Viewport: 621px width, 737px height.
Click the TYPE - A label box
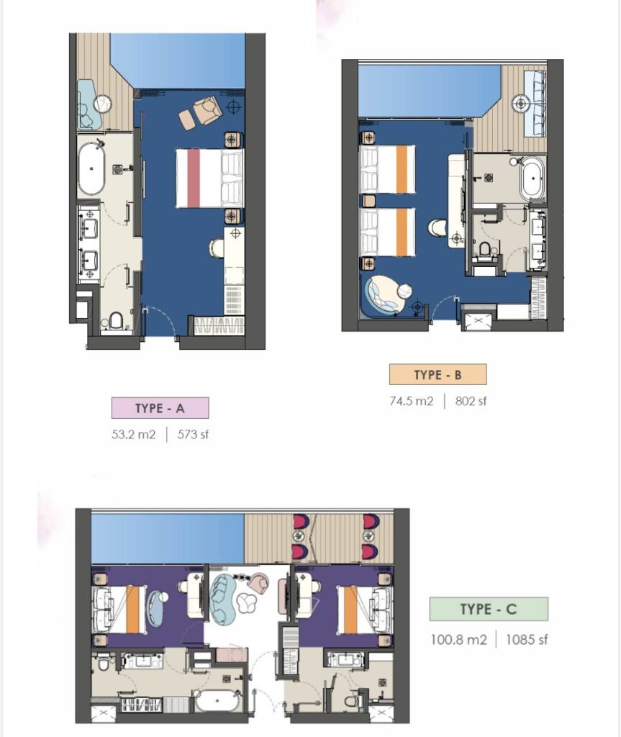pos(160,408)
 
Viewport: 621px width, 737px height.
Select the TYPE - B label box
pos(438,374)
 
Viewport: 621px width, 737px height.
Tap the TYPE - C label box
pos(489,609)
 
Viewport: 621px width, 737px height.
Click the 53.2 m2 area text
pos(134,434)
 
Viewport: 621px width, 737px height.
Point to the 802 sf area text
pos(471,402)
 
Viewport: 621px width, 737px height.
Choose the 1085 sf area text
pos(527,640)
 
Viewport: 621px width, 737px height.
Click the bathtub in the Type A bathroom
pos(91,168)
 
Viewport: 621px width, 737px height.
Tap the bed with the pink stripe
pos(209,178)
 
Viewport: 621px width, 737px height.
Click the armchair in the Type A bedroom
pos(208,110)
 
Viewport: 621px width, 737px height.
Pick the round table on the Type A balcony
pos(102,104)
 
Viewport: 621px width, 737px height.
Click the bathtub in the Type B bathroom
pos(532,179)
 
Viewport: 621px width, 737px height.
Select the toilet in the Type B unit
pos(484,248)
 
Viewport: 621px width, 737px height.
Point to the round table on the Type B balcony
pos(521,104)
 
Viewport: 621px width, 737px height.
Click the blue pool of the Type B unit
pos(423,91)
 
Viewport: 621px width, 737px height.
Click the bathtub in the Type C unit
pos(217,701)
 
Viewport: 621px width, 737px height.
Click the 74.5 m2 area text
pos(412,402)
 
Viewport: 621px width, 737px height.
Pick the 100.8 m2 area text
pos(459,640)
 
